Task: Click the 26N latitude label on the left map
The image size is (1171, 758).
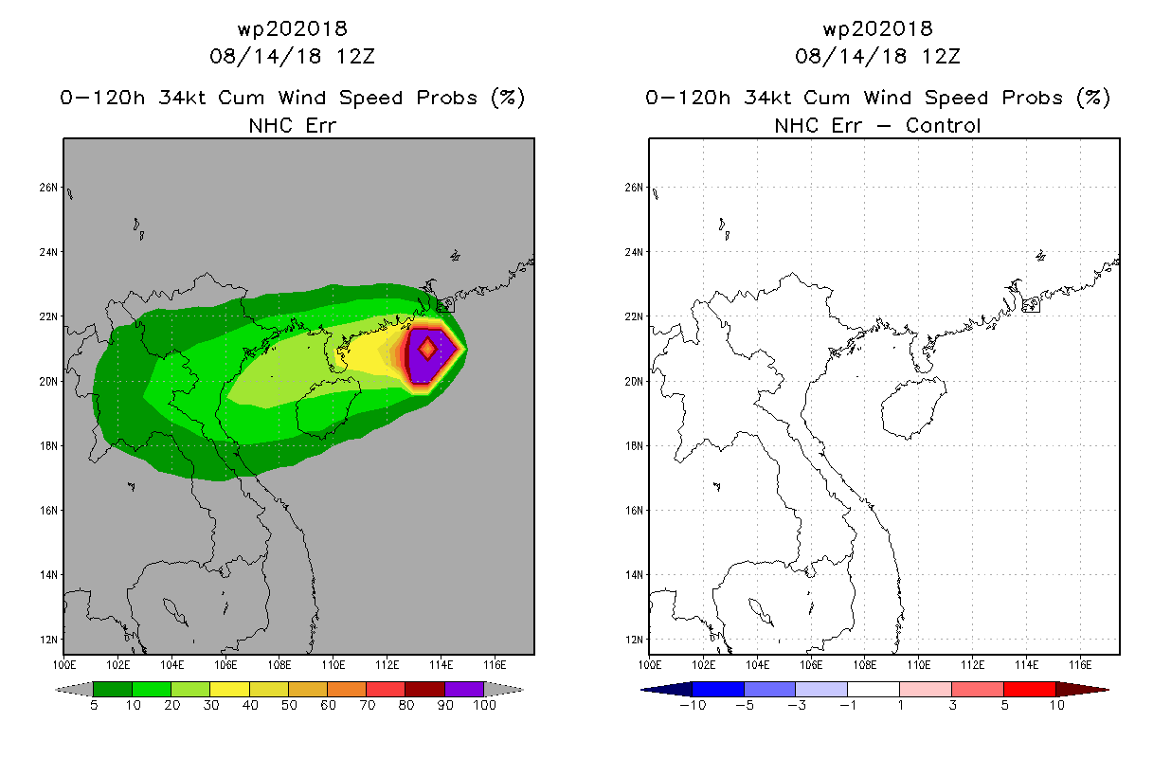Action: pos(48,188)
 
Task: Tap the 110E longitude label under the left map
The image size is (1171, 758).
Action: pos(333,665)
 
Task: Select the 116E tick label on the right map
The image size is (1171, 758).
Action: pos(1080,665)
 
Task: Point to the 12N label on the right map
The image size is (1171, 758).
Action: pos(634,640)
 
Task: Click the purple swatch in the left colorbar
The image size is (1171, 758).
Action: pos(464,689)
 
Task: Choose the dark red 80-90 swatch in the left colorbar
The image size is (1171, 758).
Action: pos(425,689)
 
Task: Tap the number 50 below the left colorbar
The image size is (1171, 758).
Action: pos(289,705)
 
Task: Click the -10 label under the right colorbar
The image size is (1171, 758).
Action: pos(693,705)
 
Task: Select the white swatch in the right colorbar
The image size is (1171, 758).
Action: pos(874,689)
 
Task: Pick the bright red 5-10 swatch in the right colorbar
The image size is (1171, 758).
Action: pos(1029,689)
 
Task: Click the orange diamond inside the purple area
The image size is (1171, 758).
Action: pos(427,348)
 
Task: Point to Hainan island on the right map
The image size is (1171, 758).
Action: pos(912,408)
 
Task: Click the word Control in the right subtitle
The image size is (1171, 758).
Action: pos(943,125)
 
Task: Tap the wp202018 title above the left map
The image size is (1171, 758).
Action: pos(293,28)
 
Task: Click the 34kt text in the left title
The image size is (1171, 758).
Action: pos(183,98)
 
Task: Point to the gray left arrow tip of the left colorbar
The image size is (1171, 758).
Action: pos(56,690)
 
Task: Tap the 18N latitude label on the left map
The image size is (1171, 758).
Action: pos(48,446)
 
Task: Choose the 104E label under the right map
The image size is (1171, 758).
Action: pos(757,665)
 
